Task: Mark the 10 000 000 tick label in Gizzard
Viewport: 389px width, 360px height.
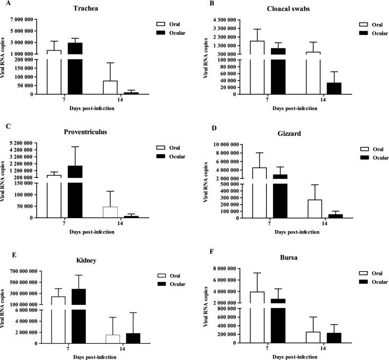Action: point(223,144)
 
